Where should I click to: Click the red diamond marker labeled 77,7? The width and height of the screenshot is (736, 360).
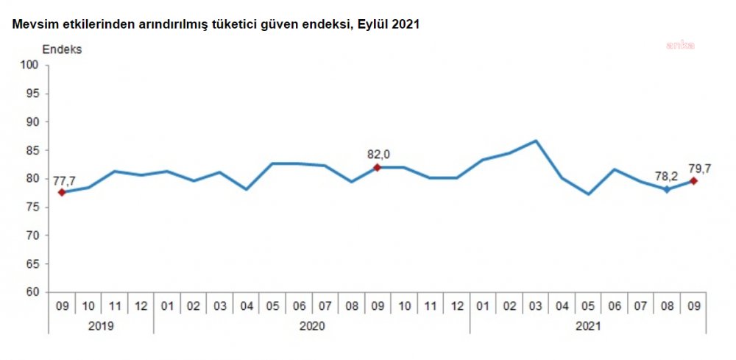click(62, 192)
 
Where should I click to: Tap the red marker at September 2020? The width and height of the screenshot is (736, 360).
click(378, 168)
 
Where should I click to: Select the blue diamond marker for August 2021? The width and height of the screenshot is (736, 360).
click(667, 189)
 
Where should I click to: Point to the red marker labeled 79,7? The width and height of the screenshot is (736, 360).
click(693, 180)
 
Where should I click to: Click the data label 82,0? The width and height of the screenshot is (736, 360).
click(378, 154)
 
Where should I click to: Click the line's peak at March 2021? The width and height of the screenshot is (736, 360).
click(535, 141)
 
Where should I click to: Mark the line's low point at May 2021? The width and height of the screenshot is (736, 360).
click(588, 194)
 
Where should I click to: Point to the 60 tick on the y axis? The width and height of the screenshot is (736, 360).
click(32, 292)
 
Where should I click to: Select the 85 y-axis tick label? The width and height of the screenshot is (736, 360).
click(32, 150)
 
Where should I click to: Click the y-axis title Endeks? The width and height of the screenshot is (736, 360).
click(63, 50)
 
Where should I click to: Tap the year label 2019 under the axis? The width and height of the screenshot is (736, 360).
click(102, 325)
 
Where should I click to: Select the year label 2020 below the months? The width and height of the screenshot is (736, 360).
click(312, 325)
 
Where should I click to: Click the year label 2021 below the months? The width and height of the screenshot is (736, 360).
click(588, 325)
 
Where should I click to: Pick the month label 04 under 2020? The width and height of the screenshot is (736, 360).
click(247, 305)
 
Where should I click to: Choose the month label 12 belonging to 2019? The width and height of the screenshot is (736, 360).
click(141, 305)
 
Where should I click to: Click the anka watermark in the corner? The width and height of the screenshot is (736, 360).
click(680, 45)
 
